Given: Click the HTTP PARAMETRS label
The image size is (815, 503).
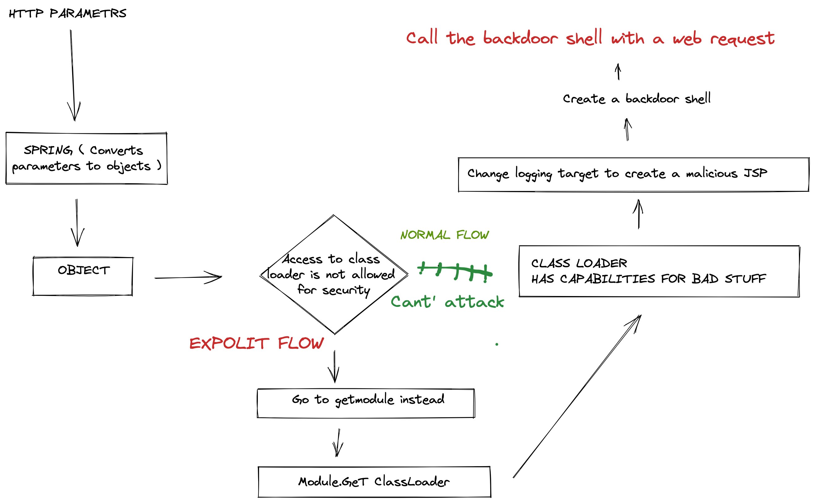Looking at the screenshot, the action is click(67, 13).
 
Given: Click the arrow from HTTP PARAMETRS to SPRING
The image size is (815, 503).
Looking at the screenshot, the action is click(72, 75).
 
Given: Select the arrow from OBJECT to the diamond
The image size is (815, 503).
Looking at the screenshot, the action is click(188, 277).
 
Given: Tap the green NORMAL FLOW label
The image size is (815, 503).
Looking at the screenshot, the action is click(444, 235).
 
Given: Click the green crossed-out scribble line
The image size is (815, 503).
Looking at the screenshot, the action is click(455, 272).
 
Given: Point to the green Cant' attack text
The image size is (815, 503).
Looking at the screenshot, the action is click(448, 302).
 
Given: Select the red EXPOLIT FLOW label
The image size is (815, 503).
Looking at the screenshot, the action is click(256, 343).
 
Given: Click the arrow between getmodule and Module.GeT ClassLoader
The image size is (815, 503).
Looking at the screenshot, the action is click(338, 443).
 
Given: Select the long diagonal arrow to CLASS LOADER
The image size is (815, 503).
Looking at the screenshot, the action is click(577, 396).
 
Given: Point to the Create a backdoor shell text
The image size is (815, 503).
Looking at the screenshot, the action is click(637, 98).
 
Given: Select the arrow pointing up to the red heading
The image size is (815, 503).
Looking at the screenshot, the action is click(618, 71).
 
